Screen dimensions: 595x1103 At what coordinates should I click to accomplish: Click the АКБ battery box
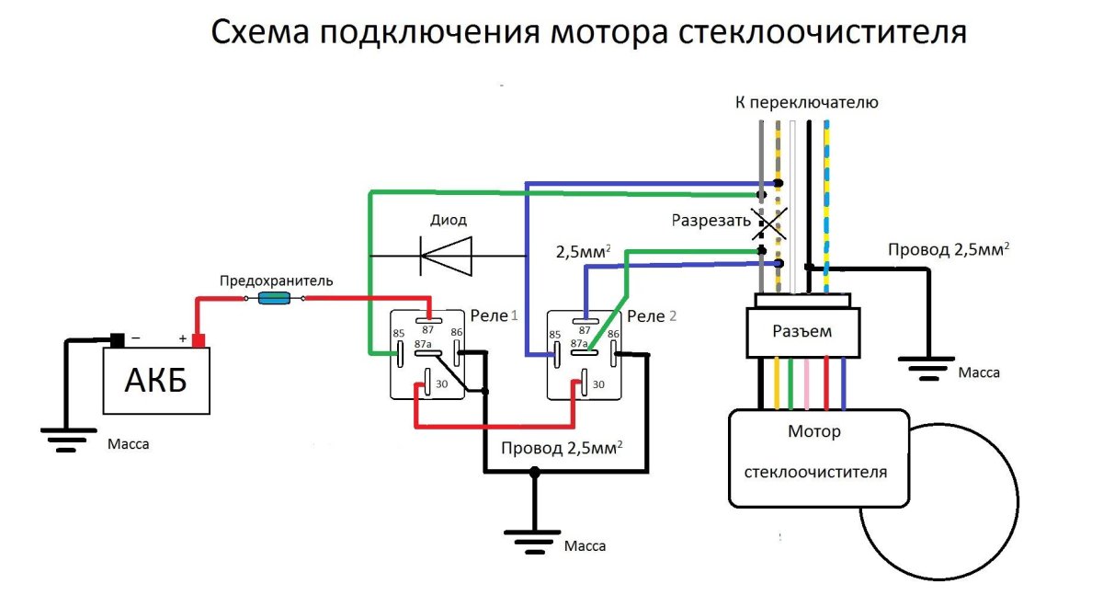point(156,380)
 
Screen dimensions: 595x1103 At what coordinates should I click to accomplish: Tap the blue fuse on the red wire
point(275,298)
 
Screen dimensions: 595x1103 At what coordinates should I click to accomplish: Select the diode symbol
point(446,255)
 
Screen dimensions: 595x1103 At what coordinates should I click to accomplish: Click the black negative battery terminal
point(116,339)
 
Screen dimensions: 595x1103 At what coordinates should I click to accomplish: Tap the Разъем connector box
point(802,332)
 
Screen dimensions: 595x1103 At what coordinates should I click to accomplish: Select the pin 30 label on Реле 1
point(442,383)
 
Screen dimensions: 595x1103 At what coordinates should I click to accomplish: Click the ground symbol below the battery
point(63,437)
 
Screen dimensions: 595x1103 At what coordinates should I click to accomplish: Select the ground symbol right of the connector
point(928,368)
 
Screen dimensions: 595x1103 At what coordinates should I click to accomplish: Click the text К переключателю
point(806,102)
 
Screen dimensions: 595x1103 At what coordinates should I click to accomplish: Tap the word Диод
point(449,220)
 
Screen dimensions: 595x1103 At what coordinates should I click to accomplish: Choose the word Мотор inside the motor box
point(813,430)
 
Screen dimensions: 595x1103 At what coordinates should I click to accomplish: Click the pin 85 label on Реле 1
point(399,333)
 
